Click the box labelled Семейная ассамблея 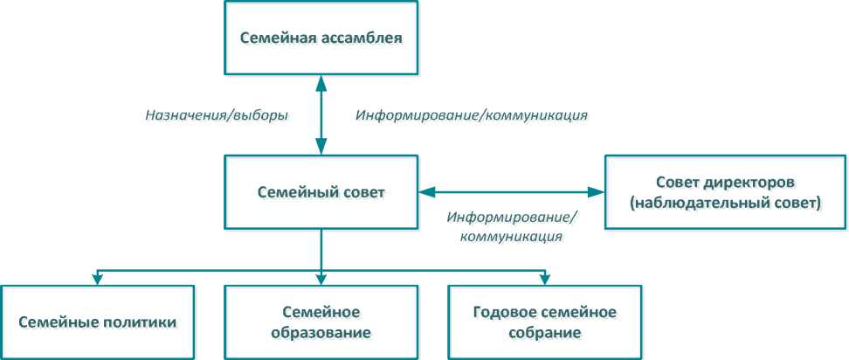(321, 38)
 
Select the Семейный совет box (321, 192)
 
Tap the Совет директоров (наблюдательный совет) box (724, 193)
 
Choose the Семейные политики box (97, 322)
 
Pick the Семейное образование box (321, 322)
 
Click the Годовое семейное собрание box (544, 322)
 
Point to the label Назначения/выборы (217, 114)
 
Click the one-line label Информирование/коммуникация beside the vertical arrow (471, 114)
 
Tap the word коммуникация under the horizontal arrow (512, 235)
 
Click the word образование (321, 332)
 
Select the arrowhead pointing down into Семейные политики (97, 279)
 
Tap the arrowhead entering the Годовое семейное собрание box (544, 279)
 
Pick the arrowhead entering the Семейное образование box (321, 279)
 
